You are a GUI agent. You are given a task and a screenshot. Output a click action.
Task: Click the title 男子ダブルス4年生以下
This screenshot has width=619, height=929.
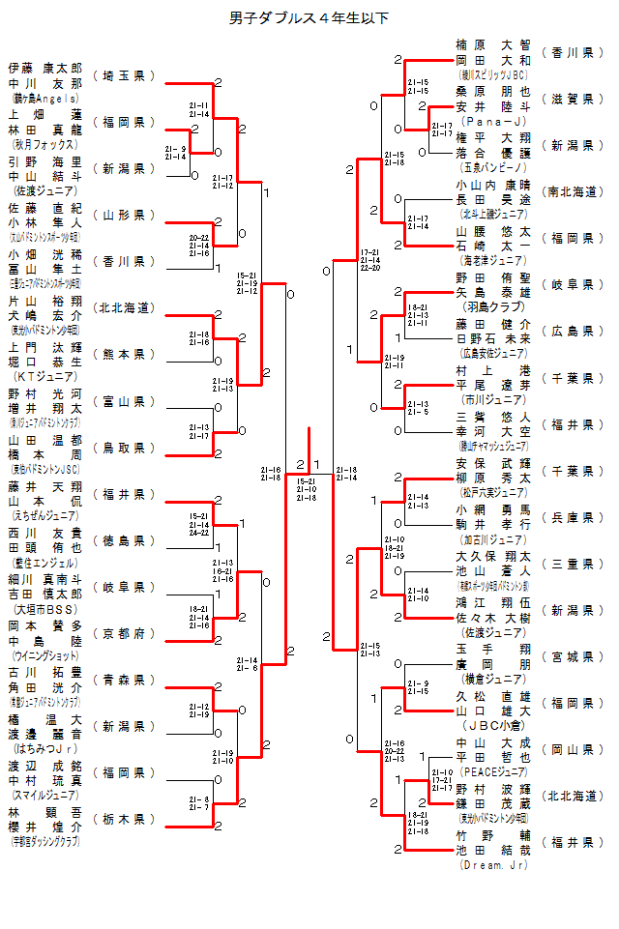pyautogui.click(x=309, y=18)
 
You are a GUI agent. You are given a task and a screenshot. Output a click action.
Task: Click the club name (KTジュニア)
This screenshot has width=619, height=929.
pyautogui.click(x=45, y=377)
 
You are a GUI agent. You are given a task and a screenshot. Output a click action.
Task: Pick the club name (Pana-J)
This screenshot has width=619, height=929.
pyautogui.click(x=494, y=122)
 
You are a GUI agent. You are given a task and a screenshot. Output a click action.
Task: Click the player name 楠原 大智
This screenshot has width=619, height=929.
pyautogui.click(x=494, y=44)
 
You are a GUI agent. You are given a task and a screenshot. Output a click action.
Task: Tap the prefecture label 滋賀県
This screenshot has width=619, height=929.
pyautogui.click(x=573, y=99)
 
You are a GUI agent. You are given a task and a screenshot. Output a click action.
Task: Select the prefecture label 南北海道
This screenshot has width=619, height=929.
pyautogui.click(x=573, y=191)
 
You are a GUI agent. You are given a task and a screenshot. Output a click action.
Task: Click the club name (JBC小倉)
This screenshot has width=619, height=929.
pyautogui.click(x=493, y=726)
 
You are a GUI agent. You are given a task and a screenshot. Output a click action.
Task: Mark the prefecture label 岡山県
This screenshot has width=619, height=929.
pyautogui.click(x=573, y=749)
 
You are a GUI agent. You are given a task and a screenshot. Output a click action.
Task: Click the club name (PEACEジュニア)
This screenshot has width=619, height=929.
pyautogui.click(x=493, y=772)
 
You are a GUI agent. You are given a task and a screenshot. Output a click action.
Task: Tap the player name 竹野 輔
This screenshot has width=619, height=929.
pyautogui.click(x=494, y=834)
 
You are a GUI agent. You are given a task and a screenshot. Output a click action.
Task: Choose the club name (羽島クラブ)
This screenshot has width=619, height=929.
pyautogui.click(x=493, y=307)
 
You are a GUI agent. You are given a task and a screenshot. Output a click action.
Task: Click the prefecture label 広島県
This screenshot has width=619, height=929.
pyautogui.click(x=573, y=331)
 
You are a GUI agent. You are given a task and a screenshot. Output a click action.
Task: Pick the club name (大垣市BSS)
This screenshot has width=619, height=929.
pyautogui.click(x=45, y=610)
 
